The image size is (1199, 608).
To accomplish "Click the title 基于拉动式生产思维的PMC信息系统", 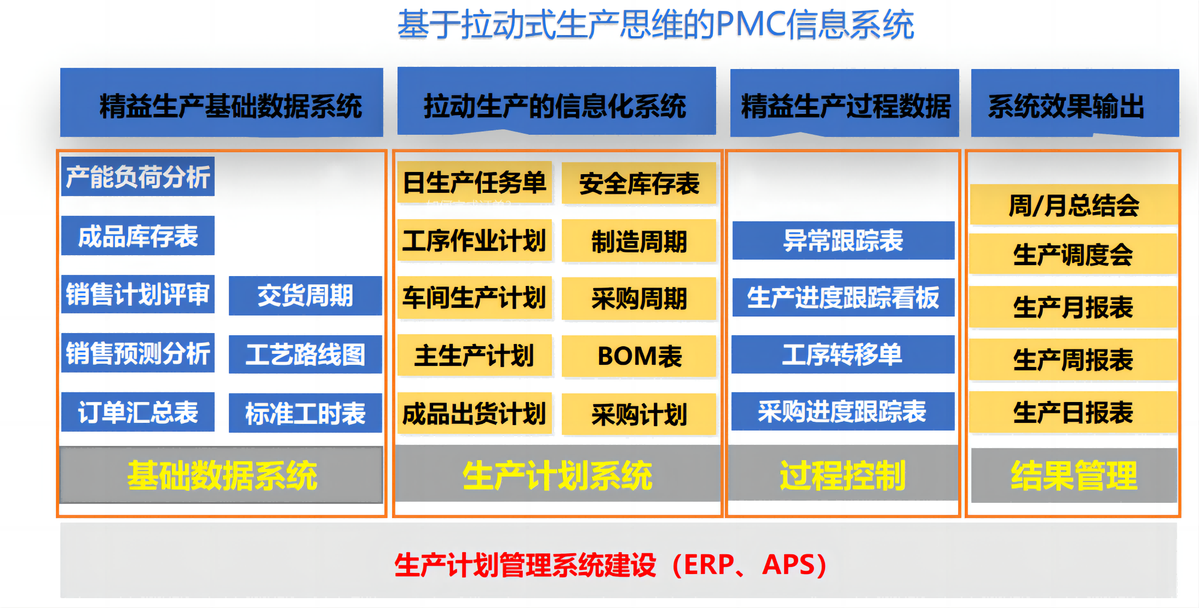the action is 655,25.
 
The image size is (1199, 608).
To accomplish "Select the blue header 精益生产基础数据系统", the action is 222,102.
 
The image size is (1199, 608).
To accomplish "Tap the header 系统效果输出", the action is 1075,103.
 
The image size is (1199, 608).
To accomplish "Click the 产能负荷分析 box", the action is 138,176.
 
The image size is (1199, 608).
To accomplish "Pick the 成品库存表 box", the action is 138,236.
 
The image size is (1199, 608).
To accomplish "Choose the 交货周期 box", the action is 305,296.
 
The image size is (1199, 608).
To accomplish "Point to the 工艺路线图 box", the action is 305,354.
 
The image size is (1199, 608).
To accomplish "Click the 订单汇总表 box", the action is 138,412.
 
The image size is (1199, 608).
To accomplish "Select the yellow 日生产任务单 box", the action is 475,182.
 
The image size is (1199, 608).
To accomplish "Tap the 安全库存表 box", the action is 639,183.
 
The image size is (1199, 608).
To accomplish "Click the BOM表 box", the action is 639,356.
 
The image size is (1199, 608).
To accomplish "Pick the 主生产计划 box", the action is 475,355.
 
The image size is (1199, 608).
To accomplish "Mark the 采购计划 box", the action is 639,415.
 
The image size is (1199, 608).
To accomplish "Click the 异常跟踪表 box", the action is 843,240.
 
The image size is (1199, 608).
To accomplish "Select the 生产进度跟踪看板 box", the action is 843,297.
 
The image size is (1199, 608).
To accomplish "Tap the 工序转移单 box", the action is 843,354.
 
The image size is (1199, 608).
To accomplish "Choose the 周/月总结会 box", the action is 1074,205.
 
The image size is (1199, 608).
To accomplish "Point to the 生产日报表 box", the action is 1074,412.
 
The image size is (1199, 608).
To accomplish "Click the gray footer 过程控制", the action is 843,474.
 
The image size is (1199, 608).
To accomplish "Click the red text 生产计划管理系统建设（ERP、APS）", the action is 610,565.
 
